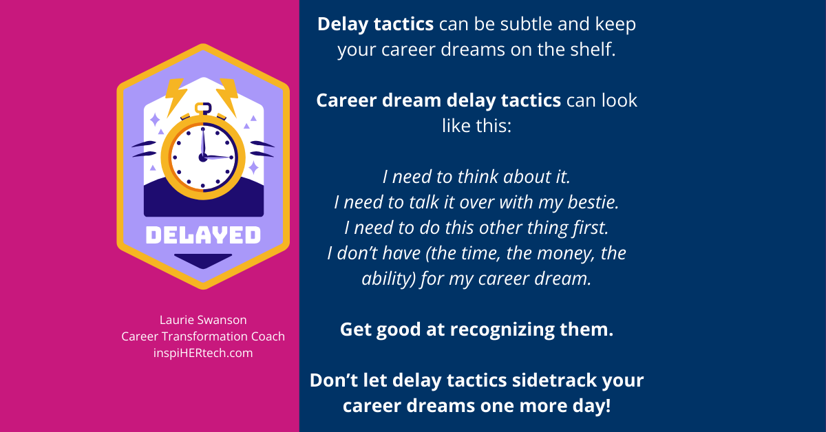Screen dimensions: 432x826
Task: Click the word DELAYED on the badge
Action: [x=203, y=236]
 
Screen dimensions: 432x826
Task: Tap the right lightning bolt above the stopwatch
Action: [x=226, y=95]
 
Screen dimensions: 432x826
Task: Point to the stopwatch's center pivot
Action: [x=202, y=157]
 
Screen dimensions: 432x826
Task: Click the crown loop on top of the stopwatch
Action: [x=202, y=109]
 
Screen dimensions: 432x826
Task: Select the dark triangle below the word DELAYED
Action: [x=202, y=260]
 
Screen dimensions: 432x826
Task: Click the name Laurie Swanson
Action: [x=202, y=320]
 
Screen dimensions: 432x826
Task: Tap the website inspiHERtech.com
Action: [x=203, y=353]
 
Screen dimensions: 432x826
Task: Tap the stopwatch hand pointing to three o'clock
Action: [x=219, y=158]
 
